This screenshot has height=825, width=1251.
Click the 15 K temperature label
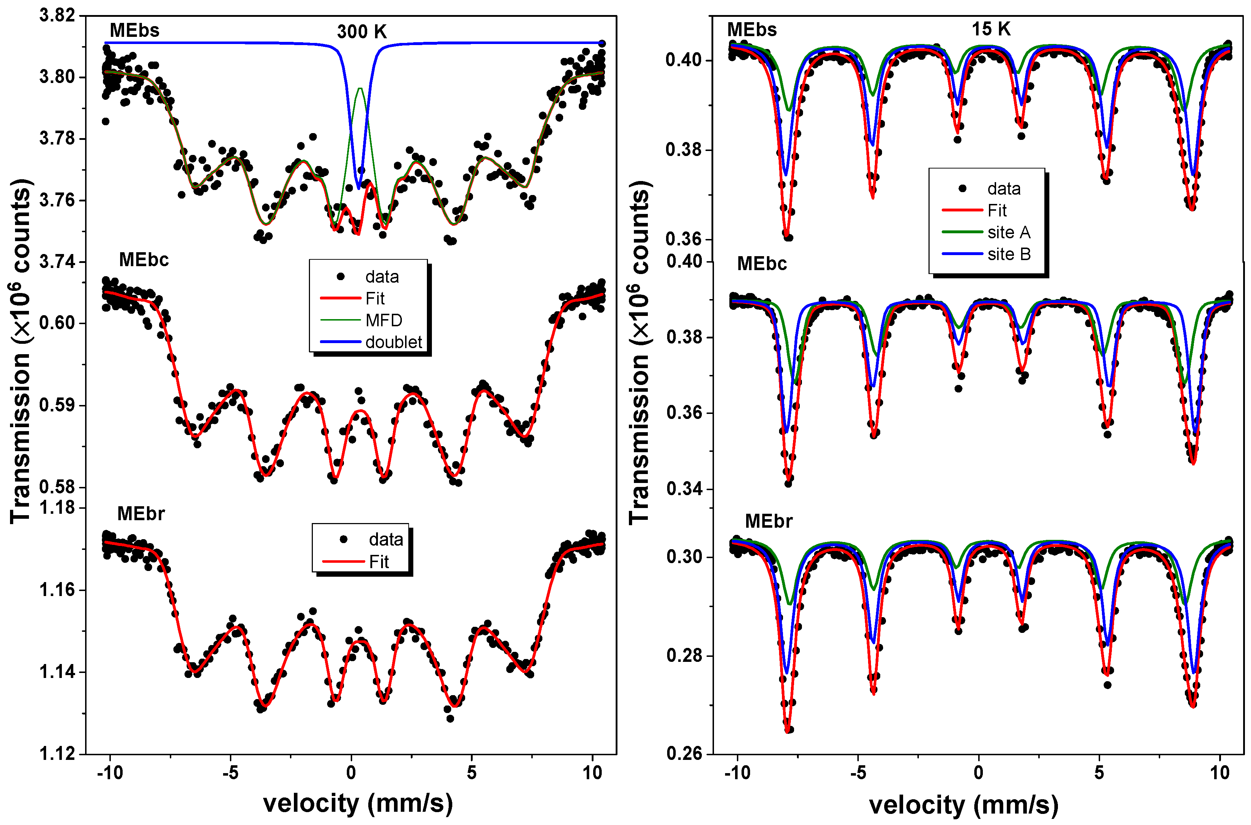click(991, 29)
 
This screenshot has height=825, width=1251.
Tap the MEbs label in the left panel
click(135, 30)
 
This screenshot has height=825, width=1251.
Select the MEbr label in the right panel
click(768, 521)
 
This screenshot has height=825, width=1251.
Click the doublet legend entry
click(393, 342)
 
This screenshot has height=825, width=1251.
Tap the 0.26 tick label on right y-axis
click(684, 753)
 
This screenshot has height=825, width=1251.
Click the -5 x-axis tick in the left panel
click(230, 772)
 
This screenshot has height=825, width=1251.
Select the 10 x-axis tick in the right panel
click(1220, 772)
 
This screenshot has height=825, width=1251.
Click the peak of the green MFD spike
click(360, 88)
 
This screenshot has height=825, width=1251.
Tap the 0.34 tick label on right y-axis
click(684, 489)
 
